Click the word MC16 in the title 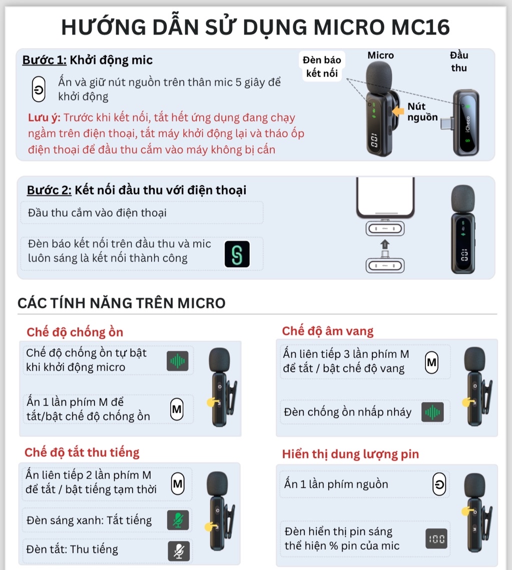[x=420, y=27]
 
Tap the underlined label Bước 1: [x=44, y=60]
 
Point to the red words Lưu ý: [x=44, y=118]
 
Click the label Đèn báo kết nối [x=322, y=67]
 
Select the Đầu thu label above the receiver [x=458, y=61]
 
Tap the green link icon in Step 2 [x=237, y=254]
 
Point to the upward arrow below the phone [x=384, y=244]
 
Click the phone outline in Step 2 [x=384, y=197]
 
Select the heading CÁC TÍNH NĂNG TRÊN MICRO [x=121, y=303]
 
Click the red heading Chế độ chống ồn [x=75, y=332]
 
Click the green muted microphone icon [x=178, y=520]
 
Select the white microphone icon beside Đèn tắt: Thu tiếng [x=178, y=550]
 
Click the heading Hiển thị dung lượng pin [x=350, y=454]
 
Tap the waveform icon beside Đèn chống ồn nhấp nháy [x=432, y=412]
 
